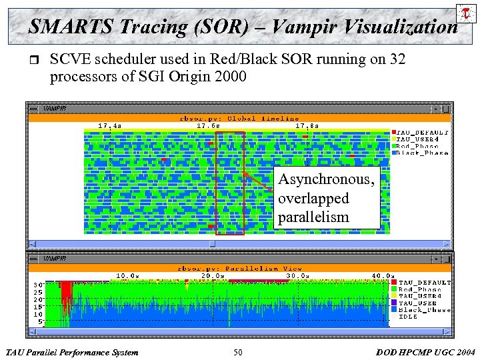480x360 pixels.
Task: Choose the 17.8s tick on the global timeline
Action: (x=306, y=125)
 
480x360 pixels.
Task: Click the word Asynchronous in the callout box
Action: (x=326, y=179)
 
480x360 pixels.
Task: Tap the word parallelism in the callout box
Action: (x=313, y=217)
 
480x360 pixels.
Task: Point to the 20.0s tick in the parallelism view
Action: (x=213, y=275)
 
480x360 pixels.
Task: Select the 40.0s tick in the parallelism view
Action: (x=382, y=275)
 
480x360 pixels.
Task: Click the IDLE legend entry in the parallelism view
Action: (x=409, y=317)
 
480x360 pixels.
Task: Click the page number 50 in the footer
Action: (x=238, y=352)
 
